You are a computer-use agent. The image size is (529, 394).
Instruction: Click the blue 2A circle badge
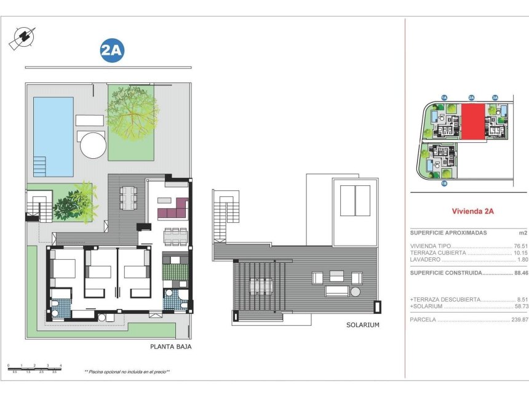(111, 51)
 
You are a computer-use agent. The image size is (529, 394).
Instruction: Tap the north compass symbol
(22, 38)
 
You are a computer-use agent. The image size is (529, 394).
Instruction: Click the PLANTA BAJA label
(170, 347)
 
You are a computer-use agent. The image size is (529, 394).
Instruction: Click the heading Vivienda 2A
(472, 211)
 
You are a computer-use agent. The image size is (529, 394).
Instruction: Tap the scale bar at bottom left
(34, 367)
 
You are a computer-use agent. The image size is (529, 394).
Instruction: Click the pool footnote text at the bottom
(127, 372)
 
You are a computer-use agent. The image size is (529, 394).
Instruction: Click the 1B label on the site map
(443, 183)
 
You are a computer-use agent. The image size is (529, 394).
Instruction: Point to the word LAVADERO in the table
(424, 260)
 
